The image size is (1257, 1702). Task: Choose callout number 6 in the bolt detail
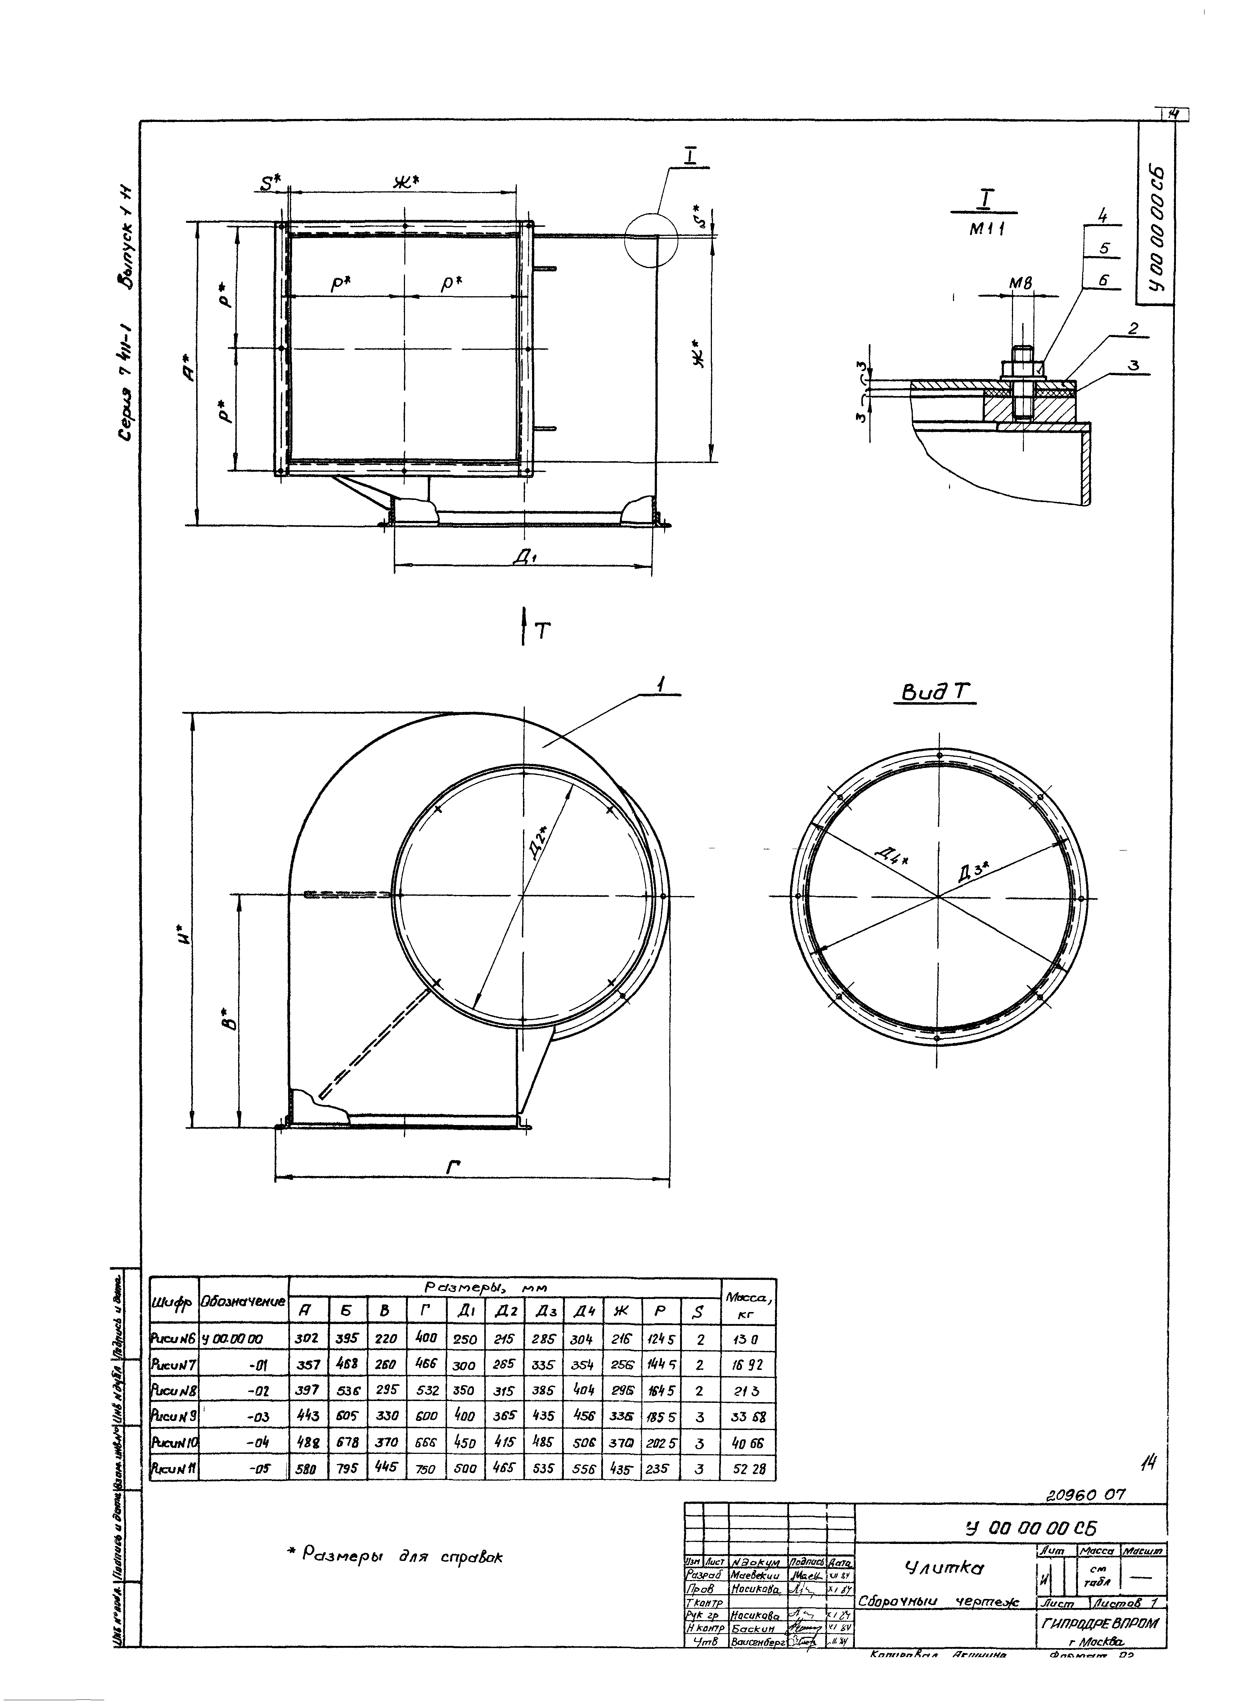point(1105,281)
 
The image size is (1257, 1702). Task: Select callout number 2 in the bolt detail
point(1133,328)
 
